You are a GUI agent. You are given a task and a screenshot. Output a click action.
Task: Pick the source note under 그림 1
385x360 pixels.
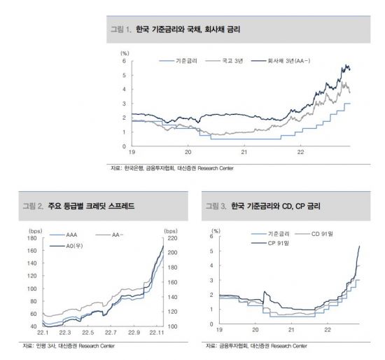tap(171, 169)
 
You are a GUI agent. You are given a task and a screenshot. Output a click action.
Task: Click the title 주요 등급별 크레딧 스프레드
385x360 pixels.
tap(89, 207)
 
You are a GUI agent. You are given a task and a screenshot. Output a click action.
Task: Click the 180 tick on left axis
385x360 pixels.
tap(31, 238)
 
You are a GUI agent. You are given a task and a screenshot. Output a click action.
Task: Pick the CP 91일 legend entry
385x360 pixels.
tap(276, 243)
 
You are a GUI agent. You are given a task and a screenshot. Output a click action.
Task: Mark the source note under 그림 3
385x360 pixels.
tap(256, 346)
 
